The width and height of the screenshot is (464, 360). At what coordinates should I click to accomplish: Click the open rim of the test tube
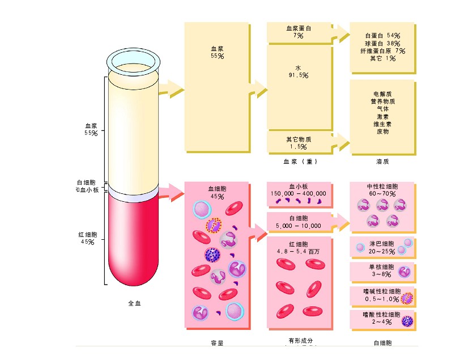134,59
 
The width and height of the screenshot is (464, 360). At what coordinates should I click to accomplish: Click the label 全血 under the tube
134,303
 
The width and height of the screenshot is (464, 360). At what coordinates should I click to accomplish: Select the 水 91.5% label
297,71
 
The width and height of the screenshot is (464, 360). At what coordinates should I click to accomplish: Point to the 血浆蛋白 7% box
299,32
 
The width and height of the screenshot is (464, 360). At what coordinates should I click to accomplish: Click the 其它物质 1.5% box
299,143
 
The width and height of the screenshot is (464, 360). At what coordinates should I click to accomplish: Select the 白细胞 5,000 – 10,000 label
299,222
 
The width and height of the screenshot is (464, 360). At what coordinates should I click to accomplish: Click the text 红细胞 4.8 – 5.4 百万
299,247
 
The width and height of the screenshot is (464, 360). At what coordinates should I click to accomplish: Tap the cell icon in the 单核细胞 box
405,271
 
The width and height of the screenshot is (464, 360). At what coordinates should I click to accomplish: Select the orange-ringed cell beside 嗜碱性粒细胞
407,297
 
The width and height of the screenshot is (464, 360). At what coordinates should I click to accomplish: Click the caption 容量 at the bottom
216,342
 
